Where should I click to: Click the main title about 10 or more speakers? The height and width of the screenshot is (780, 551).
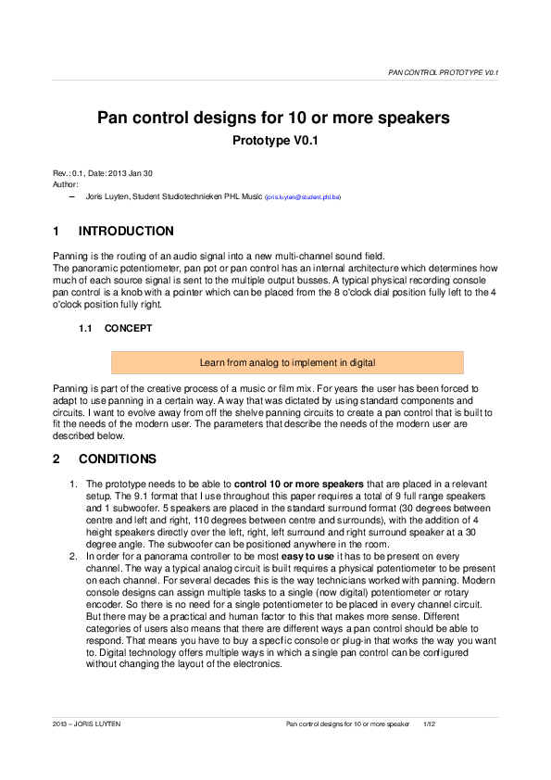coord(274,119)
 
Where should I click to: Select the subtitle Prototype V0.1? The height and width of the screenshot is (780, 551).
coord(274,143)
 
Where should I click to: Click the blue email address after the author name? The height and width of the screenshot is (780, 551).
coord(303,197)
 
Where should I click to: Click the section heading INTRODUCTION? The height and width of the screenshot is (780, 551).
coord(126,231)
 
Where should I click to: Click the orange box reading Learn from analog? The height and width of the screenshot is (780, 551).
coord(287,362)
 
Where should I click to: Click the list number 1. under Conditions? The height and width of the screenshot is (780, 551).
coord(74,484)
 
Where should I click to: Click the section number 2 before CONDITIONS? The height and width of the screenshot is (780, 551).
coord(56,459)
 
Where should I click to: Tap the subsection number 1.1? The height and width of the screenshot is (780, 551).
coord(86,328)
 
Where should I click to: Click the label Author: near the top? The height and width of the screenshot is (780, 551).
coord(64,184)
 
